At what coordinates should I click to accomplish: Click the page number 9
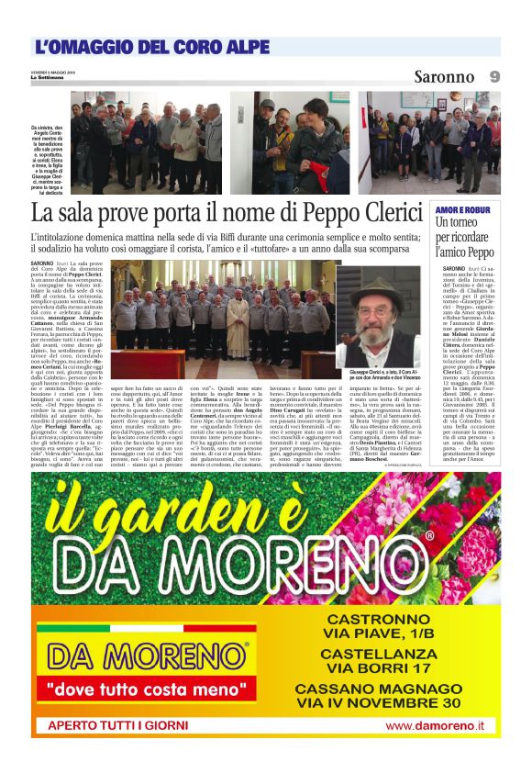pos(494,76)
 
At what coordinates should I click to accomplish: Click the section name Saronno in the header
pos(445,76)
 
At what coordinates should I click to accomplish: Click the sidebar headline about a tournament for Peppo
pos(465,236)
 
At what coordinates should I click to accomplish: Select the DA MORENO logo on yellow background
pos(147,655)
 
